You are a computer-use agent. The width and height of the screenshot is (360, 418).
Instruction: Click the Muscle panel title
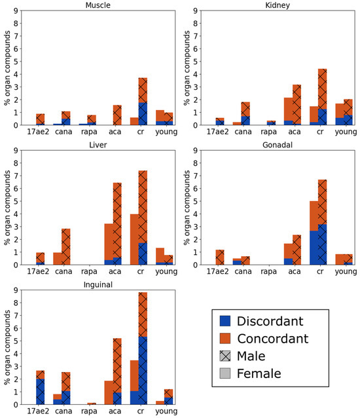[x=98, y=5]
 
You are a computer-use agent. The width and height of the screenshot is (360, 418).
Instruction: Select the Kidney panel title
[x=278, y=5]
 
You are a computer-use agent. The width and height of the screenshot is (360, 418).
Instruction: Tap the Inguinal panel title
[x=98, y=285]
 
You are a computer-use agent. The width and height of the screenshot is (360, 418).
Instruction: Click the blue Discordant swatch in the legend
[x=225, y=321]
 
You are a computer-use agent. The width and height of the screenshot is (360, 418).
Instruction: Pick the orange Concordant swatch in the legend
[x=225, y=338]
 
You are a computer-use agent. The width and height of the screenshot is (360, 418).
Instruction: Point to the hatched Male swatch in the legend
[x=225, y=356]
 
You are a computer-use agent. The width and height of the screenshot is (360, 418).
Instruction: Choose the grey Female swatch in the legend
[x=225, y=373]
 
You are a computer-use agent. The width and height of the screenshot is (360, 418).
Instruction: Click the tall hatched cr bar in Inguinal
[x=143, y=348]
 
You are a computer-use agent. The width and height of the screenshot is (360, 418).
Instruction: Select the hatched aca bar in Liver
[x=117, y=223]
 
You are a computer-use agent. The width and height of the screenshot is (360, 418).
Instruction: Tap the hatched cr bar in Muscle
[x=143, y=102]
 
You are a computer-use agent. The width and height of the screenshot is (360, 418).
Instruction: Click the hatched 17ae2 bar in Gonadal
[x=220, y=257]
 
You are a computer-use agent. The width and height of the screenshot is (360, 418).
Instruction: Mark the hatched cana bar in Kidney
[x=245, y=113]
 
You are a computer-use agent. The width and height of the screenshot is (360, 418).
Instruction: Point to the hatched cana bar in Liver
[x=65, y=246]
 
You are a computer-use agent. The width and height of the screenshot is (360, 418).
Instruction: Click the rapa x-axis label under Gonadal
[x=268, y=271]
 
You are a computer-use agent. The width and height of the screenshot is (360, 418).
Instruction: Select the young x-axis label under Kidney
[x=346, y=132]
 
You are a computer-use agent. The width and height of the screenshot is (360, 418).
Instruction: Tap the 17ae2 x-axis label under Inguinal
[x=38, y=411]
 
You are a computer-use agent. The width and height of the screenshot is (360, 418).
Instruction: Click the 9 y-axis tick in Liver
[x=16, y=151]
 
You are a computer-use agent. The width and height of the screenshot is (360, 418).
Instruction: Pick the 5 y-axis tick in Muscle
[x=16, y=62]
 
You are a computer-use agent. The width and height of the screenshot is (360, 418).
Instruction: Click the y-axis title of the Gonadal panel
[x=187, y=208]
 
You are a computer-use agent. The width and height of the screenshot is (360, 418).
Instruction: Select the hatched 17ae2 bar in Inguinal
[x=40, y=387]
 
